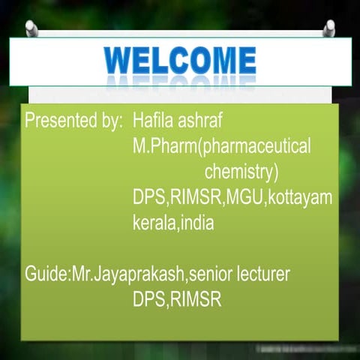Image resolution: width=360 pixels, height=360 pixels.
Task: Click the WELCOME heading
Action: click(180, 58)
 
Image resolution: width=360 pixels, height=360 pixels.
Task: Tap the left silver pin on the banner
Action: click(31, 28)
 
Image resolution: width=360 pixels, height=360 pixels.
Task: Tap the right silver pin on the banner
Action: click(328, 28)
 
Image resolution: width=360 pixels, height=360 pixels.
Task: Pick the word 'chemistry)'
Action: click(241, 172)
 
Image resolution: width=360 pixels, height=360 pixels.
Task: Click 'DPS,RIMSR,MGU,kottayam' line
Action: click(232, 197)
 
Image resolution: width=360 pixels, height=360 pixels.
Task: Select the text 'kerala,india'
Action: click(173, 223)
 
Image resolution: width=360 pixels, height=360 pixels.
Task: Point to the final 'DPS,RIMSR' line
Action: click(176, 300)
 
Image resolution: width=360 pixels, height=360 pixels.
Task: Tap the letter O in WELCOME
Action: click(197, 58)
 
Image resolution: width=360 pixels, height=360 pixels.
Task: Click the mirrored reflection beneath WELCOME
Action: click(180, 80)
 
